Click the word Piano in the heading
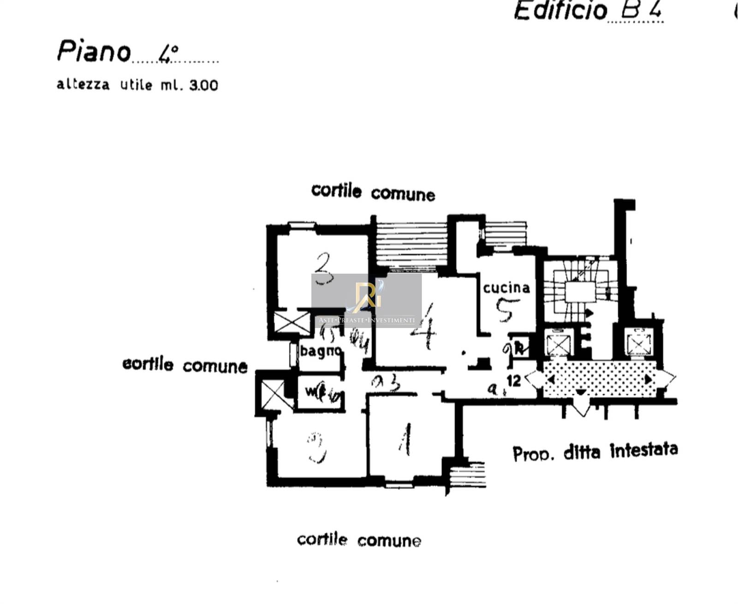pyautogui.click(x=94, y=51)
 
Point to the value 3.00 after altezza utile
pyautogui.click(x=203, y=85)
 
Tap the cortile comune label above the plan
pyautogui.click(x=373, y=192)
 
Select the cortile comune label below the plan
pyautogui.click(x=359, y=540)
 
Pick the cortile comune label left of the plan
pyautogui.click(x=184, y=365)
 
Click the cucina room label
pyautogui.click(x=506, y=288)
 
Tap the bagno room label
pyautogui.click(x=320, y=351)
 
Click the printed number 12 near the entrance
pyautogui.click(x=513, y=381)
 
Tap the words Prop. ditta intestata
pyautogui.click(x=595, y=452)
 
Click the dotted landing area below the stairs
pyautogui.click(x=600, y=379)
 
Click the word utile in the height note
pyautogui.click(x=136, y=85)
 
